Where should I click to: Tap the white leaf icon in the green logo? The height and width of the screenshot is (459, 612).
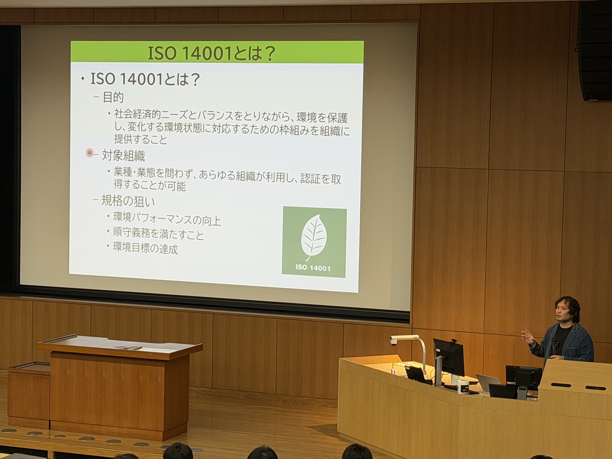(314, 237)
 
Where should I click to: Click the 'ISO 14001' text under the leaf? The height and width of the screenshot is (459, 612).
(313, 268)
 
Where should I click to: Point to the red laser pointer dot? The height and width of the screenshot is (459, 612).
(90, 153)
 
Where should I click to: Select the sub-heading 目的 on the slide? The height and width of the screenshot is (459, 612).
(113, 98)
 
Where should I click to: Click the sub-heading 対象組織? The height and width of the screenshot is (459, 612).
(123, 156)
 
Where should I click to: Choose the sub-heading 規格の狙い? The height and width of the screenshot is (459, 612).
(128, 201)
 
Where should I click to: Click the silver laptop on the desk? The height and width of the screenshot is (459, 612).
(488, 383)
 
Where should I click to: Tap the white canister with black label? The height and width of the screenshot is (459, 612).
(463, 386)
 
